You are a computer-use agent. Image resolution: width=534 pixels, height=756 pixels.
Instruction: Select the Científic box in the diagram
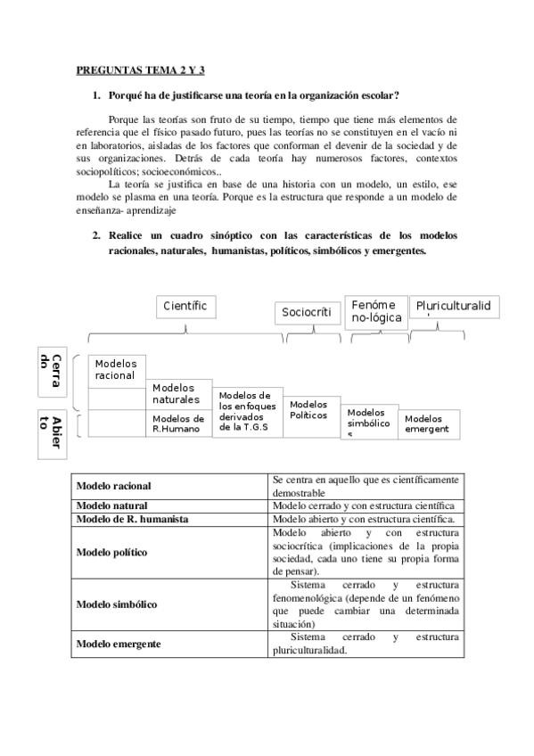tap(185, 307)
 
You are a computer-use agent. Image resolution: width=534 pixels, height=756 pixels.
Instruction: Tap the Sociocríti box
tap(307, 312)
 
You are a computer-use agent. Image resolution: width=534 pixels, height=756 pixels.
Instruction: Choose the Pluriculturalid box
tap(453, 308)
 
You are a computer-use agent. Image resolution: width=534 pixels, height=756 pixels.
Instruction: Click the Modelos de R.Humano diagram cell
tap(178, 423)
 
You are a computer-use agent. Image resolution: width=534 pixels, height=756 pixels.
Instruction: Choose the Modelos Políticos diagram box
tap(310, 410)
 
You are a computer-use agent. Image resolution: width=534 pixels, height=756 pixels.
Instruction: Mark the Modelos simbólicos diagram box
tap(369, 423)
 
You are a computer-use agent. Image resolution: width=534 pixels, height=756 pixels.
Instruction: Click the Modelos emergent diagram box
tap(428, 423)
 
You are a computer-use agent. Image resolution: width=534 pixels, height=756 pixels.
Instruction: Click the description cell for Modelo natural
tap(366, 505)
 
